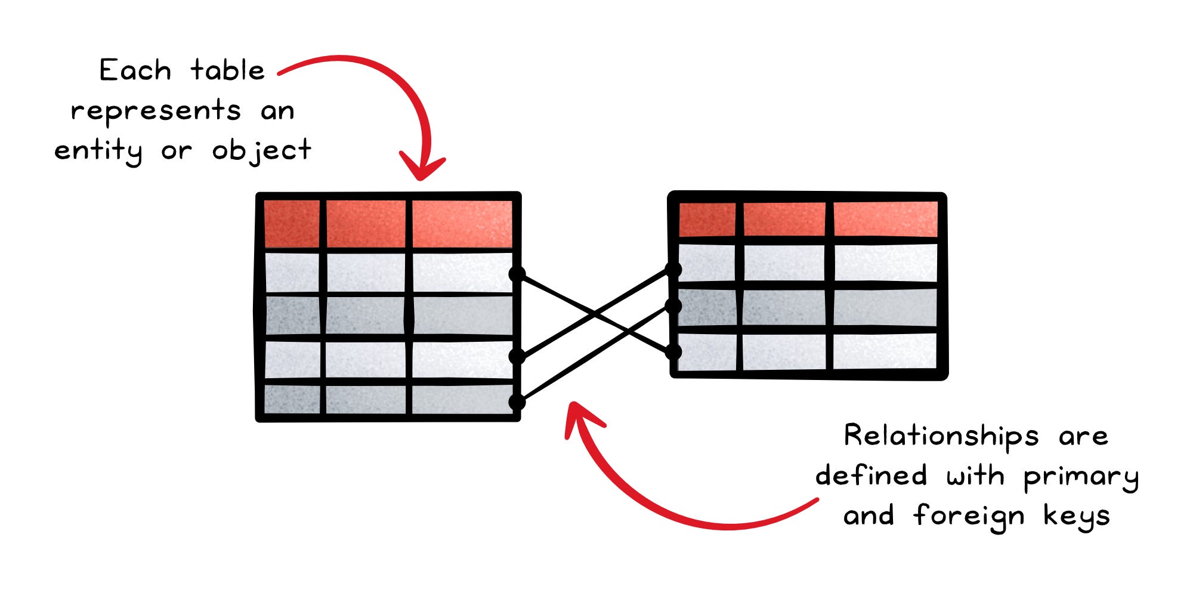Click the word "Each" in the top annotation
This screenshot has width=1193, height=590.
click(x=135, y=71)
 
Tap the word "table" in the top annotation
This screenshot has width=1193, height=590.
click(x=227, y=71)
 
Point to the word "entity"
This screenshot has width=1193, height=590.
click(x=98, y=151)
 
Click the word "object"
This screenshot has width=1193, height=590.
click(x=261, y=151)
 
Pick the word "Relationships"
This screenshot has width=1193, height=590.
click(x=941, y=437)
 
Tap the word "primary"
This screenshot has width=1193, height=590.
click(x=1081, y=477)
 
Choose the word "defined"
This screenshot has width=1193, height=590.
click(x=871, y=476)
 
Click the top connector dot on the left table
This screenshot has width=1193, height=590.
click(x=517, y=274)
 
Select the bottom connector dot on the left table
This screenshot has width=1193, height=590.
click(x=517, y=401)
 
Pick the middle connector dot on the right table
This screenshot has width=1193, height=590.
click(x=673, y=307)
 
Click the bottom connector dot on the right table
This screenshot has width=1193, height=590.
click(x=673, y=352)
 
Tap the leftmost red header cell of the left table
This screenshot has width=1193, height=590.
click(x=292, y=224)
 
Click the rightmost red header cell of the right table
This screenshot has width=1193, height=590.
click(x=885, y=219)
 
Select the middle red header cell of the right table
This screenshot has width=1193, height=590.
click(x=784, y=219)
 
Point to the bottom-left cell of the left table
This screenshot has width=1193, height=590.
click(x=292, y=399)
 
